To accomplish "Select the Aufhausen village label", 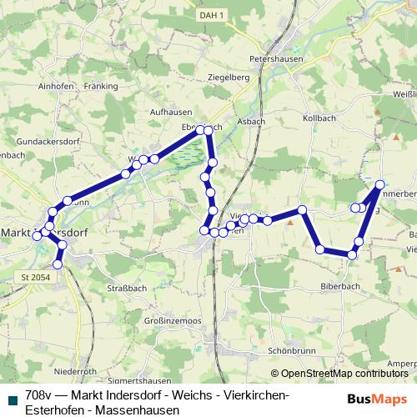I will coord(171,111).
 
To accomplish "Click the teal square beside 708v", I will coord(13,396).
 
